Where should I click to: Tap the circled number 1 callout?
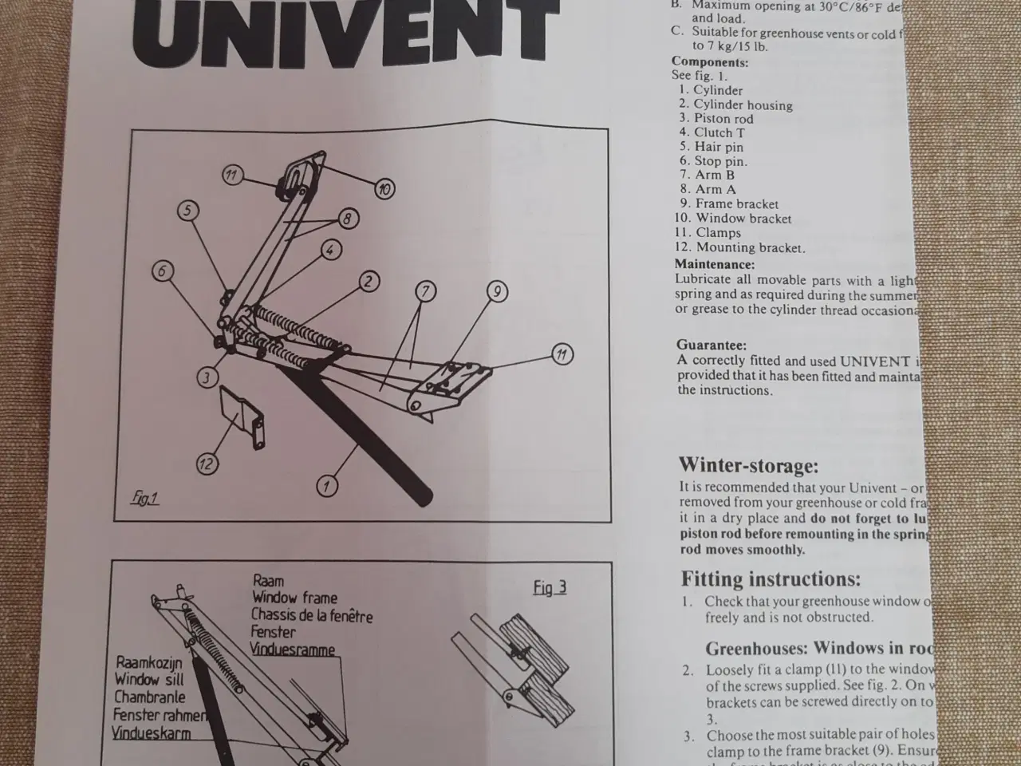click(326, 484)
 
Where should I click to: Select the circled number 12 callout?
click(207, 464)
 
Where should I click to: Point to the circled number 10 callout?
click(385, 189)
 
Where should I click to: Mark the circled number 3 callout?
click(207, 377)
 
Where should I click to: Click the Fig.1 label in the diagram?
click(144, 499)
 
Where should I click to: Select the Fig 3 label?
click(550, 588)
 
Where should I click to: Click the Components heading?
click(710, 62)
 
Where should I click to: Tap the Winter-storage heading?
click(748, 465)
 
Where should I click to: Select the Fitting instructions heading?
click(771, 578)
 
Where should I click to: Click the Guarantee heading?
click(712, 345)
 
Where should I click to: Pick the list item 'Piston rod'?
click(723, 119)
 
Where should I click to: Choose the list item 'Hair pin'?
click(718, 147)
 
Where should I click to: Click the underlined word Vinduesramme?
click(293, 650)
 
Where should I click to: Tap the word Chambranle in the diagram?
click(150, 697)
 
